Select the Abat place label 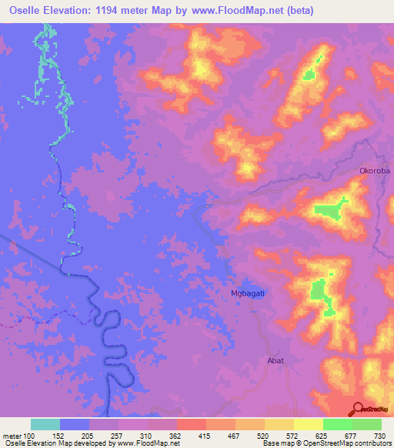[x=275, y=360]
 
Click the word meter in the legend [x=12, y=435]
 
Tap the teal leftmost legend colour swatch [x=45, y=424]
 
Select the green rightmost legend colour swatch [x=366, y=424]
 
